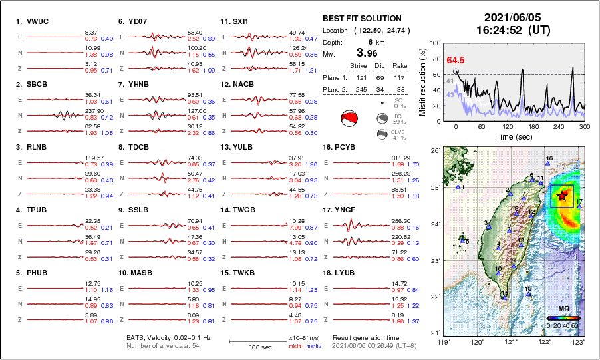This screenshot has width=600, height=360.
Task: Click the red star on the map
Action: click(562, 196)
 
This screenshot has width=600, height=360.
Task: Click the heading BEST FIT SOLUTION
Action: click(362, 19)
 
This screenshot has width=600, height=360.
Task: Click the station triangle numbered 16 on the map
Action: click(547, 164)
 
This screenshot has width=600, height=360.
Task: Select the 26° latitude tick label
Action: click(434, 151)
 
